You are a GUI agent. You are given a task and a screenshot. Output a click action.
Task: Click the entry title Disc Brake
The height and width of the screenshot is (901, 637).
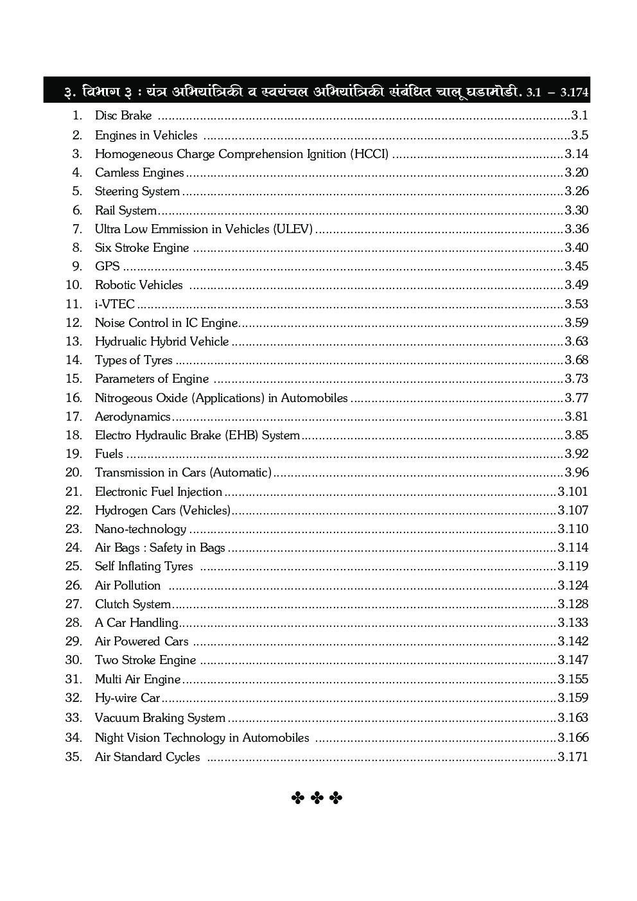point(123,116)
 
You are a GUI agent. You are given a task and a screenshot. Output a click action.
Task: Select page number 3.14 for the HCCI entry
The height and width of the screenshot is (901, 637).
point(577,153)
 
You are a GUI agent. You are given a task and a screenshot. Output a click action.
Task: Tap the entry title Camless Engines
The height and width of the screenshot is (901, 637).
point(139,172)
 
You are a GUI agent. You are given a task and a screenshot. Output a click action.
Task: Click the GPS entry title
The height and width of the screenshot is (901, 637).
point(107,266)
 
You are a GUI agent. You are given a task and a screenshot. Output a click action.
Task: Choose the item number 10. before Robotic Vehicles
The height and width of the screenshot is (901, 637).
point(74,284)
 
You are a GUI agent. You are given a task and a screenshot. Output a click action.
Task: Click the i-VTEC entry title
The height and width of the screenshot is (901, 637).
point(115,304)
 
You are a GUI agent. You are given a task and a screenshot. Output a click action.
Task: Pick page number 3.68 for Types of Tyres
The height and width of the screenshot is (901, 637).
point(577,360)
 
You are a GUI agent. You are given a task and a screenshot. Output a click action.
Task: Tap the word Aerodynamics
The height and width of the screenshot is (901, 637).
point(133,416)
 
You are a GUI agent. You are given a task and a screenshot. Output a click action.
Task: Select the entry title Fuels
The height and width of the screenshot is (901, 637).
point(109,453)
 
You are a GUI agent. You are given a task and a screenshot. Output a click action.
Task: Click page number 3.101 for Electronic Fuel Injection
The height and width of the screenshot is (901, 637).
point(573,491)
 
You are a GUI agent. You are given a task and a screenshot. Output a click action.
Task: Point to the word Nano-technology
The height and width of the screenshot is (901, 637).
point(141,529)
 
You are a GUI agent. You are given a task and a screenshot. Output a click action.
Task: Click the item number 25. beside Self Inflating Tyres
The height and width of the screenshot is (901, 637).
point(74,566)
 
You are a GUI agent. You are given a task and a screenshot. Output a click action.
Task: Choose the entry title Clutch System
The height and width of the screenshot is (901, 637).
point(133,604)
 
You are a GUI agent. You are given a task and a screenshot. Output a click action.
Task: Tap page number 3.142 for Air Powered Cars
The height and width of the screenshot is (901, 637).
point(573,641)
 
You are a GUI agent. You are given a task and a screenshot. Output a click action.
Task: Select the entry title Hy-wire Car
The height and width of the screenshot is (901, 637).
point(127,697)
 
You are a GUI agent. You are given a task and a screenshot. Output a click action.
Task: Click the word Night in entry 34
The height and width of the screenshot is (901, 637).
point(109,737)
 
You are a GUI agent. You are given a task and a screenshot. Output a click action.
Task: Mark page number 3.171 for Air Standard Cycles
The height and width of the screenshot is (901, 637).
point(573,757)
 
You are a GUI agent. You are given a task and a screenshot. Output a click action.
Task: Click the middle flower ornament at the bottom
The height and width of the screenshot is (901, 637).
point(317,798)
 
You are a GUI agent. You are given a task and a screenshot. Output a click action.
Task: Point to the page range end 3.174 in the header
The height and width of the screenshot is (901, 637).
point(574,92)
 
